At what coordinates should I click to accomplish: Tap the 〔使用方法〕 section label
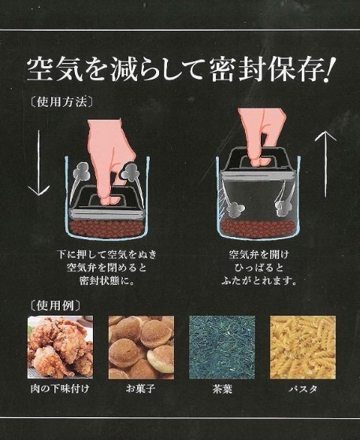[x=61, y=102]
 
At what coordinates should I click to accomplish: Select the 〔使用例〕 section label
[x=55, y=305]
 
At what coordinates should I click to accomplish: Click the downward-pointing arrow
[x=39, y=162]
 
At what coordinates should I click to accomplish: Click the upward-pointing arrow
[x=326, y=163]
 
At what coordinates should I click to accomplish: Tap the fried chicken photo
[x=60, y=347]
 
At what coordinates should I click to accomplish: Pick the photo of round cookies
[x=141, y=347]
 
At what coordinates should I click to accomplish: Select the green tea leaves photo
[x=222, y=347]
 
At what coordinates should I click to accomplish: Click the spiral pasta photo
[x=302, y=347]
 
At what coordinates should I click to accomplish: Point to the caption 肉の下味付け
[x=60, y=389]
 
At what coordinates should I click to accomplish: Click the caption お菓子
[x=140, y=389]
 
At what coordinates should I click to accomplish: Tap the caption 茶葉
[x=222, y=389]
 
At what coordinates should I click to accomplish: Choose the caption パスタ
[x=303, y=389]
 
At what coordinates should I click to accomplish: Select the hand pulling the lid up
[x=262, y=135]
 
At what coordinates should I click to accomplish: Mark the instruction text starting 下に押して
[x=106, y=268]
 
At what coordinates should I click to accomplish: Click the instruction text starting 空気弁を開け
[x=259, y=268]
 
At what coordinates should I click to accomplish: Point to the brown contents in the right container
[x=258, y=227]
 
